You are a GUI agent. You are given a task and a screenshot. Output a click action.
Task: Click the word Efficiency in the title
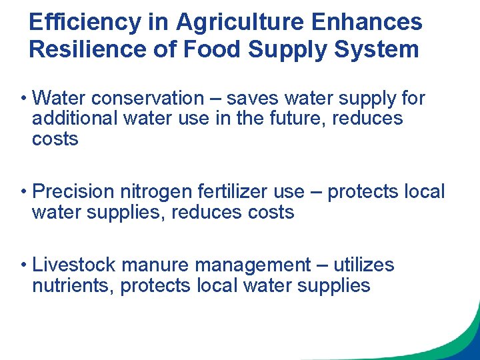(x=85, y=22)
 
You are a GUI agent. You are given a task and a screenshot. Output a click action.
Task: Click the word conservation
(x=148, y=99)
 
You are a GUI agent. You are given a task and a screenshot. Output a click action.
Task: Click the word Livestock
(x=77, y=265)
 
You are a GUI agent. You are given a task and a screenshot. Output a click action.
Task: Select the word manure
(x=159, y=265)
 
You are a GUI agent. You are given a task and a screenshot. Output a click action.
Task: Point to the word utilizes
(x=364, y=265)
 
